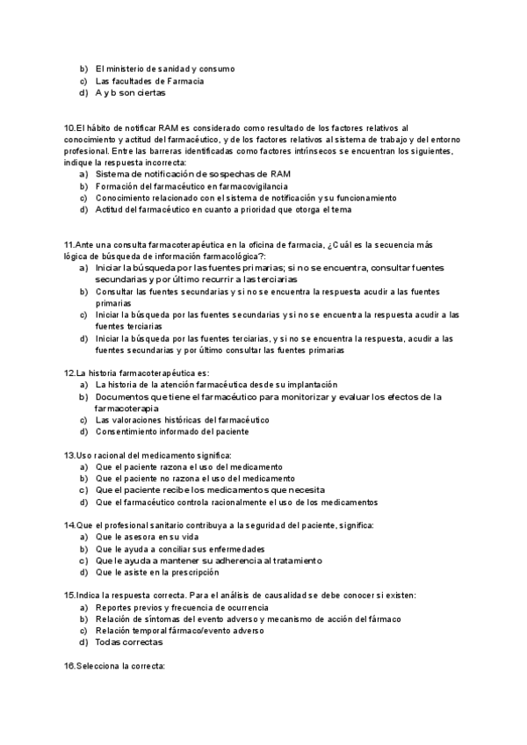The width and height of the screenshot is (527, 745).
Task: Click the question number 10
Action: (69, 128)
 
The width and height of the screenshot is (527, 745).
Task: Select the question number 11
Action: (69, 243)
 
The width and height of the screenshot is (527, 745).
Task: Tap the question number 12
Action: (69, 372)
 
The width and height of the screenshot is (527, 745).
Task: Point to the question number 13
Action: (69, 455)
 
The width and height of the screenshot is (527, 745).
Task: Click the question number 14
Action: (69, 524)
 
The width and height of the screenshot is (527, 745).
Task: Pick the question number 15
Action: (69, 595)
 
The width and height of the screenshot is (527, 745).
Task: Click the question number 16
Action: (69, 665)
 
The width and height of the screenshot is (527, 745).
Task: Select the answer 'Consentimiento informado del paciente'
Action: (172, 431)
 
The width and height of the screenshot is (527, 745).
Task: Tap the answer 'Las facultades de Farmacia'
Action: (149, 81)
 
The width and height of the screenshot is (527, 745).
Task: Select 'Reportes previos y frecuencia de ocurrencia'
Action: (182, 607)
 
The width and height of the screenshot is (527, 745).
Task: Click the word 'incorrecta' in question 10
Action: (164, 163)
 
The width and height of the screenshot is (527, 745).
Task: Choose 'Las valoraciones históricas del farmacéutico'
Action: (183, 420)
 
